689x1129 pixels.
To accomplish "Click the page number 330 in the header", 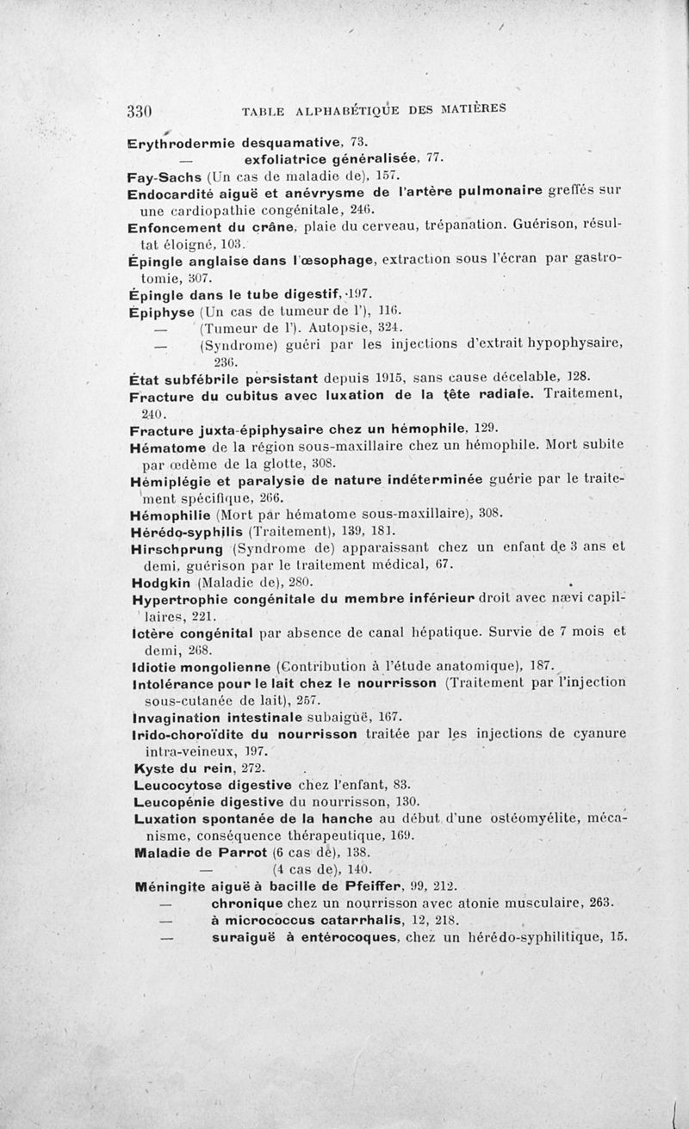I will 140,110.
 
